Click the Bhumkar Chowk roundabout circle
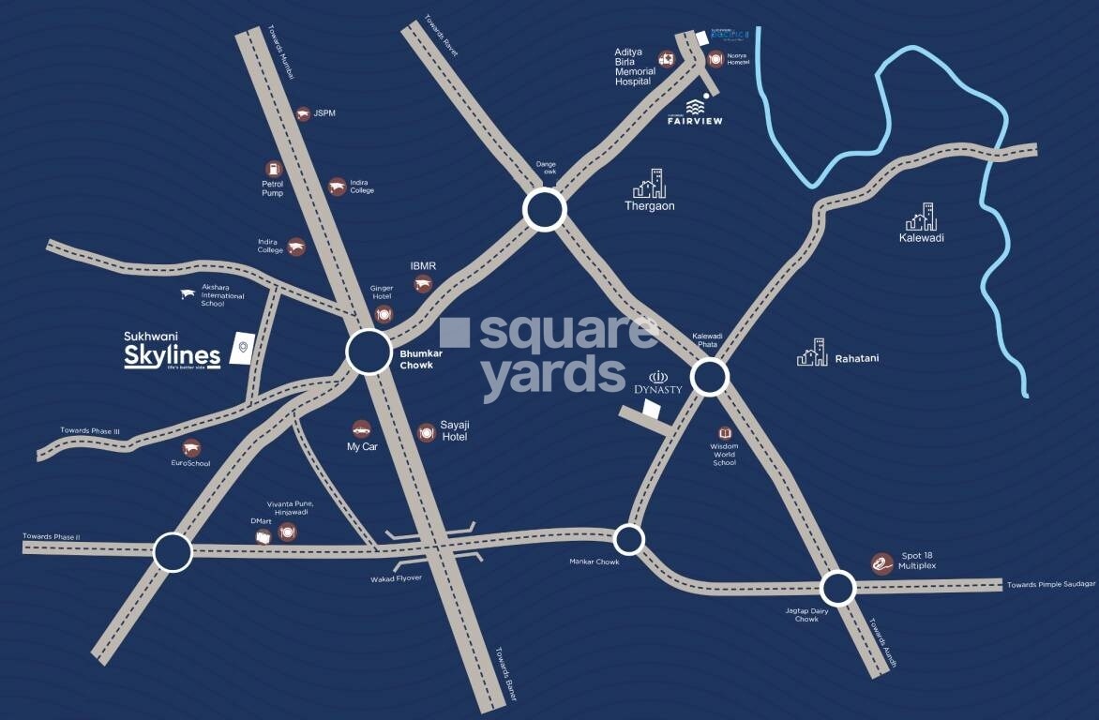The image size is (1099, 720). pos(369,352)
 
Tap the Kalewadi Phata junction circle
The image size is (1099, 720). pos(710,378)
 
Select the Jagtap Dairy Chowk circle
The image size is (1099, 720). pos(837,589)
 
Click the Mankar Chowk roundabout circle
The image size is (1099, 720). pos(628,539)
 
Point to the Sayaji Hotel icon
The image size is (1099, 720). pos(427,432)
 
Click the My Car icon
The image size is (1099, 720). pos(361,428)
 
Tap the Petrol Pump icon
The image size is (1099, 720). pos(273,168)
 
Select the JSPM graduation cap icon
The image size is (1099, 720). pos(302,113)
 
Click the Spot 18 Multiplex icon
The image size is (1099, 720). pos(881,562)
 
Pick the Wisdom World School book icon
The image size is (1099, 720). pos(724,433)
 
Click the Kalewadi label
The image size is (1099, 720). pos(921,238)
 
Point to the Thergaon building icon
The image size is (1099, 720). pos(649,184)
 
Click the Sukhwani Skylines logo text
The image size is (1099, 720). pos(173,353)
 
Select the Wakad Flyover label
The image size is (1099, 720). pos(396,578)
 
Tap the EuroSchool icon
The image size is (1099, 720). pos(191,447)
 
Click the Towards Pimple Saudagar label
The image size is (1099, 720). pos(1050,584)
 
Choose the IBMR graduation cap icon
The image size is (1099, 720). pos(424,284)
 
